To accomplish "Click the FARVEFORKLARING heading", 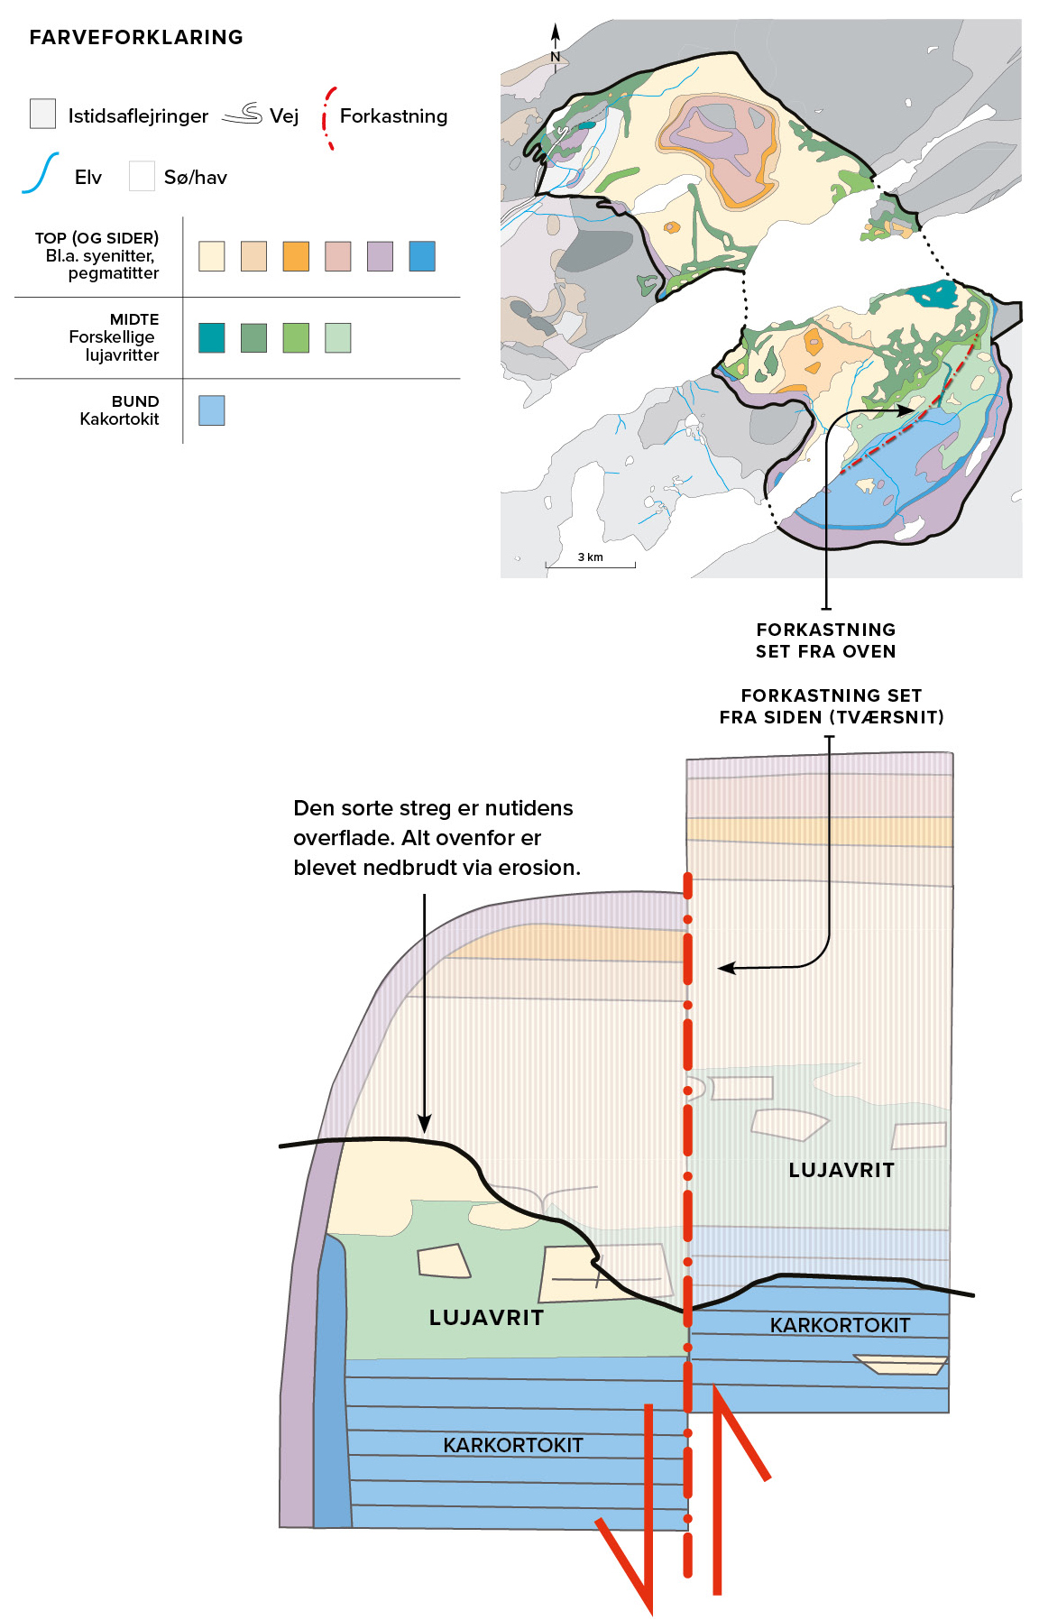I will [136, 37].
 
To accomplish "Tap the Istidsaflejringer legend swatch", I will [42, 114].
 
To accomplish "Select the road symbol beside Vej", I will [242, 114].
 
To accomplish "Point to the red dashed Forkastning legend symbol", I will [328, 117].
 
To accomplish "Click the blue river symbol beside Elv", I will [41, 173].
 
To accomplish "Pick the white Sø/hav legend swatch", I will [142, 176].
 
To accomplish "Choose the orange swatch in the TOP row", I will [296, 256].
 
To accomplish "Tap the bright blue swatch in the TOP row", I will [422, 256].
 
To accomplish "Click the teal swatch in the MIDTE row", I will [212, 337].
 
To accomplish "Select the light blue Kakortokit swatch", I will [212, 410].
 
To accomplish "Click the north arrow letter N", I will [556, 57].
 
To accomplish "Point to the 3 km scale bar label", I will [591, 557].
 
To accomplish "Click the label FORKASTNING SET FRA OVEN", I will [826, 640].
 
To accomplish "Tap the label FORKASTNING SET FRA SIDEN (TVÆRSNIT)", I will [832, 706].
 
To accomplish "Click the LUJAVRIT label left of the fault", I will [486, 1318].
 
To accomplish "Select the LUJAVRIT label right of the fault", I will [841, 1170].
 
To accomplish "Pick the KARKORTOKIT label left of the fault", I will [513, 1445].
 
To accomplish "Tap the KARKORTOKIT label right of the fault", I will [840, 1325].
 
